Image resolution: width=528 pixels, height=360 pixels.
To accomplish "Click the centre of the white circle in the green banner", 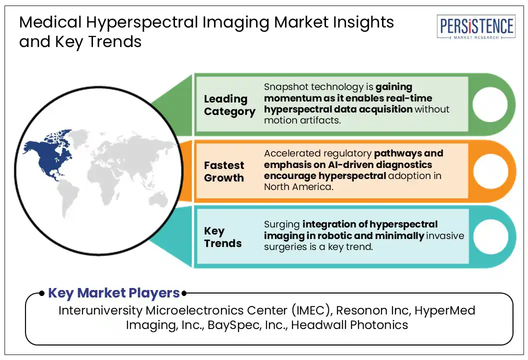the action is point(490,104).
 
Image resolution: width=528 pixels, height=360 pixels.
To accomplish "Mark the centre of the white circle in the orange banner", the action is point(490,171).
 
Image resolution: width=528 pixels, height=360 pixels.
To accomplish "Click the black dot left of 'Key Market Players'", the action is point(42,293).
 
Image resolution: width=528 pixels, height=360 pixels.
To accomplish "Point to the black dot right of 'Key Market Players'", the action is point(184,293).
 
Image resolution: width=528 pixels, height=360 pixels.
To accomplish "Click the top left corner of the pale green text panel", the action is point(196,77).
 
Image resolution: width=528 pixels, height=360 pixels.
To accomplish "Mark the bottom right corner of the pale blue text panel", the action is point(468,263).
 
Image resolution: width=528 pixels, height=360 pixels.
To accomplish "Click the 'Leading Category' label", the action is point(229,105).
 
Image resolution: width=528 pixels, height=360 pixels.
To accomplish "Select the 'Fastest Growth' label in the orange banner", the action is point(224,171).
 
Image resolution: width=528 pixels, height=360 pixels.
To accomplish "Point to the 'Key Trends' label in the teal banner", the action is point(222,237).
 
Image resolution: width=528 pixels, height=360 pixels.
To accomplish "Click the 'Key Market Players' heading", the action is point(114,293).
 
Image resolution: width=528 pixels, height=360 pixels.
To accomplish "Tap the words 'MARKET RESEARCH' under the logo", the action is point(476,37).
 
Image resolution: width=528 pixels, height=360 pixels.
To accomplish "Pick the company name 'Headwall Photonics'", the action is point(349,325).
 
